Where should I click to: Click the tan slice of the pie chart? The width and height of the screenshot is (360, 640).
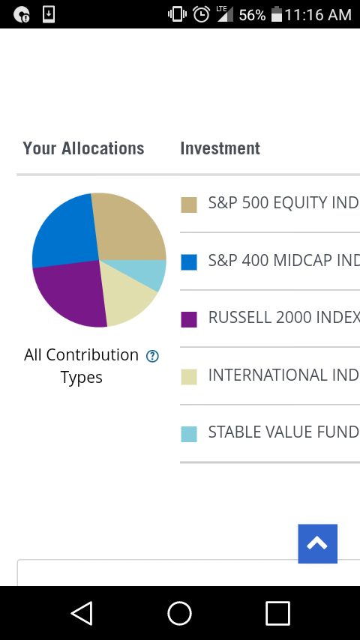pos(129,229)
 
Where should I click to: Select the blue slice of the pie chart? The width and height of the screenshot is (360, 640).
pos(65,232)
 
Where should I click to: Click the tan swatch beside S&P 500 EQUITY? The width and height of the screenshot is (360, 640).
pos(189,205)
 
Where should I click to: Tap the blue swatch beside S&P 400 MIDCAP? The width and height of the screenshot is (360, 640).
pos(189,262)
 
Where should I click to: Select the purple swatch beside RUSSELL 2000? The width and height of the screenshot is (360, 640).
pos(189,319)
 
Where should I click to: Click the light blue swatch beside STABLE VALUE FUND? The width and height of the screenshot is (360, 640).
pos(189,435)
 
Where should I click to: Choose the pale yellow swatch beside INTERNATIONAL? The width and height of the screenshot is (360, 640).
pos(189,377)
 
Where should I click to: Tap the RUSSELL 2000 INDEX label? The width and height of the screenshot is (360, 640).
pos(284,318)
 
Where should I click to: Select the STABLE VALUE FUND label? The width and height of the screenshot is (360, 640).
pos(283,432)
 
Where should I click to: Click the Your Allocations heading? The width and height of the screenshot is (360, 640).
pos(83,148)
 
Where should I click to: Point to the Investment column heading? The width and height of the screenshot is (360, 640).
pos(220,148)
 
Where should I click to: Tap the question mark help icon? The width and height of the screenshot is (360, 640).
pos(152,356)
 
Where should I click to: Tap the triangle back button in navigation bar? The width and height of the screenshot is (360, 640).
pos(82,613)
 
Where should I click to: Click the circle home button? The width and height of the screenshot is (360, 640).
pos(179,613)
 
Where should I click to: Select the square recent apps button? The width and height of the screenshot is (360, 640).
pos(277,613)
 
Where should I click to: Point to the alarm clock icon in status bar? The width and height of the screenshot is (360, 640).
pos(201,15)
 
